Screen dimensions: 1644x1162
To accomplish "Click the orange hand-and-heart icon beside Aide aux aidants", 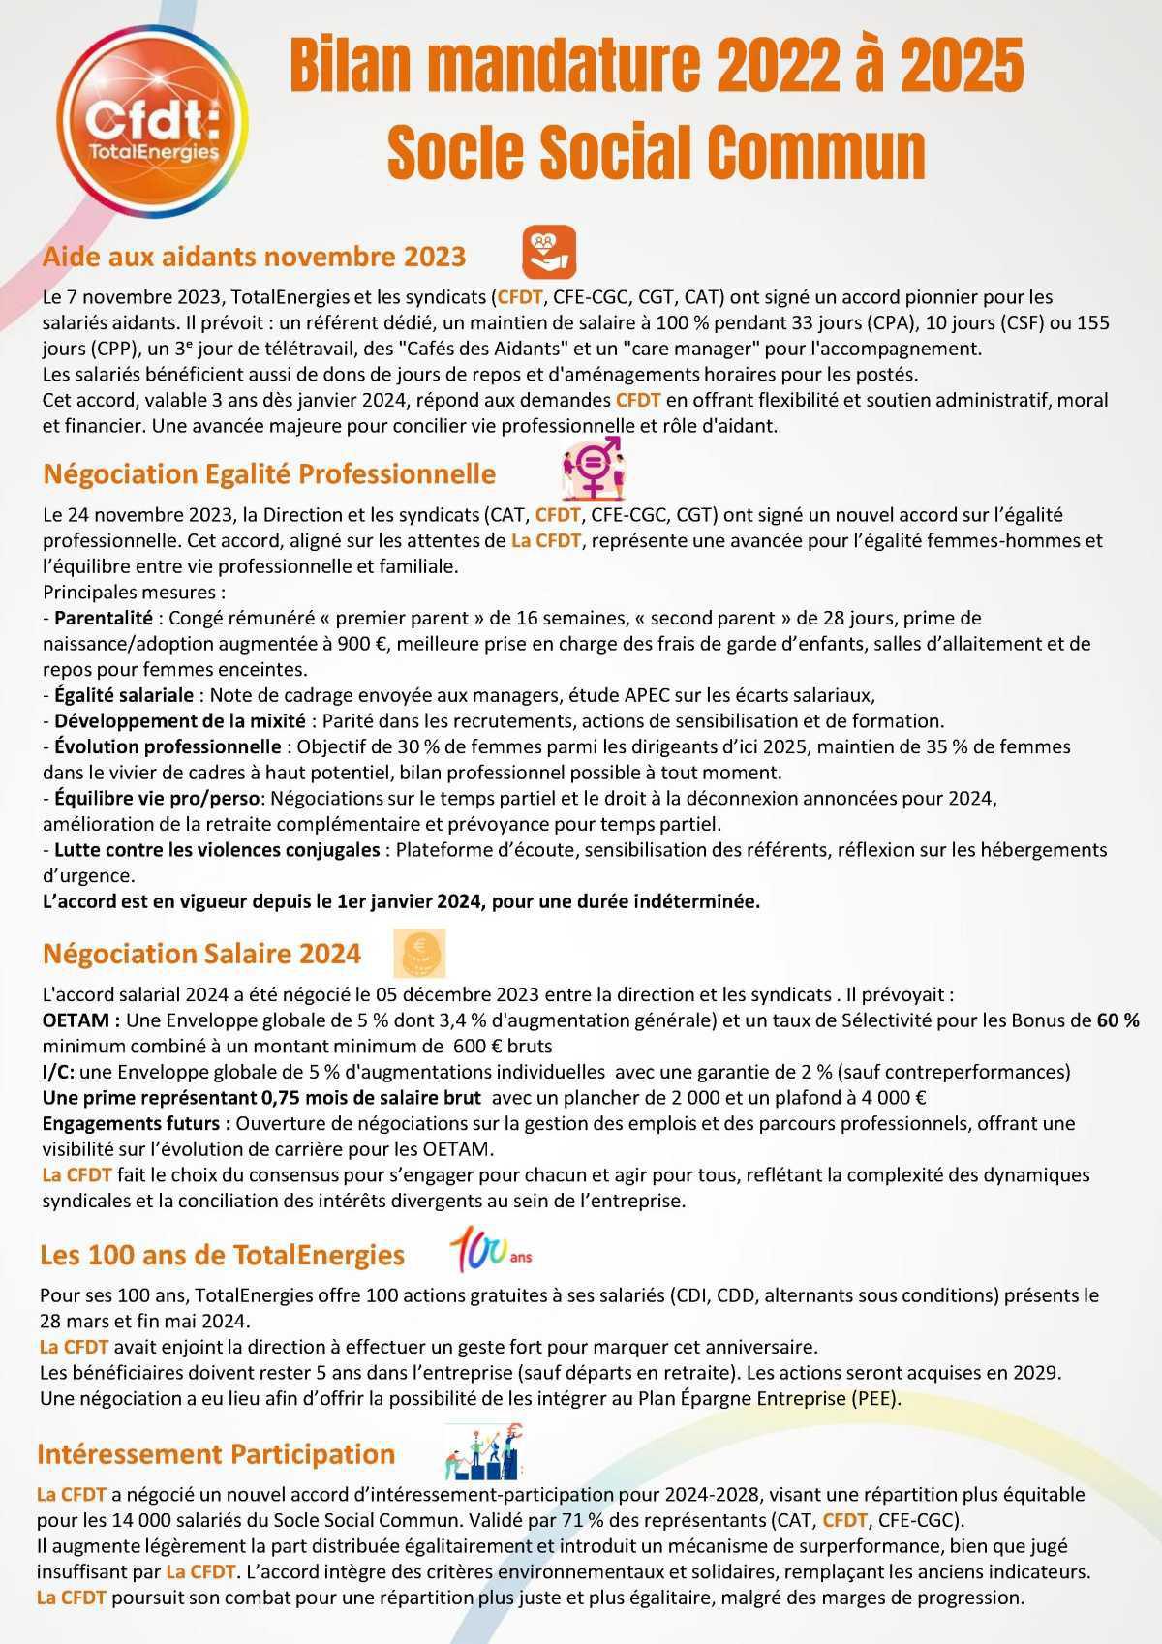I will tap(549, 252).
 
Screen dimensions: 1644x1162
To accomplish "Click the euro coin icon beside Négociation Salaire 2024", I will tap(419, 953).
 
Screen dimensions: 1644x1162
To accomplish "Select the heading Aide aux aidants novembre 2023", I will tap(255, 257).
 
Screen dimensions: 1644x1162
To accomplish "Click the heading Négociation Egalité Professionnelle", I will tap(269, 474).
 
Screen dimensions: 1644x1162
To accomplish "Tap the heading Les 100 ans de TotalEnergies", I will tap(222, 1255).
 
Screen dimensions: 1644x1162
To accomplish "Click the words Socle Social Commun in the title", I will tap(656, 150).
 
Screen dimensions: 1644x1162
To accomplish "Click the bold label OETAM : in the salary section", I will tap(81, 1020).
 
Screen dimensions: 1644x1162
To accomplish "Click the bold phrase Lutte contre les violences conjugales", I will tap(217, 850).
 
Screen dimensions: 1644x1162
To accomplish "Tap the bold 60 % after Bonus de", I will tap(1117, 1020).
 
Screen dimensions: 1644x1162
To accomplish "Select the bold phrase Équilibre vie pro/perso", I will tap(156, 799).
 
